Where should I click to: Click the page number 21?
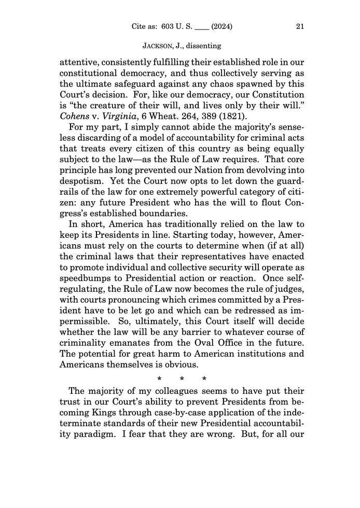pyautogui.click(x=299, y=26)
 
